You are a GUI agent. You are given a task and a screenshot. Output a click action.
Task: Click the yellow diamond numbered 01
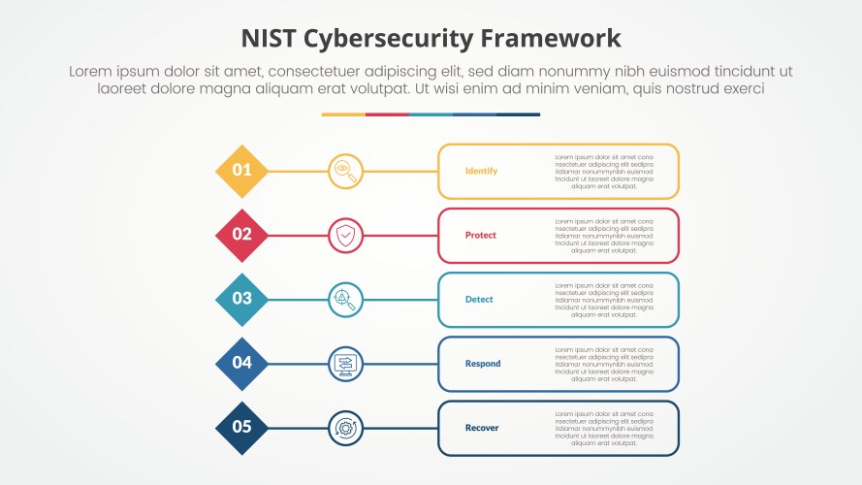[241, 171]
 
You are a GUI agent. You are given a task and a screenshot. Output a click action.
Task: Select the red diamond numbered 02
[241, 235]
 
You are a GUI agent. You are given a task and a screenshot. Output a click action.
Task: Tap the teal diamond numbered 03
[241, 299]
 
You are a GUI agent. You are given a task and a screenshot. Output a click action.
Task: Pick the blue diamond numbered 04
[241, 363]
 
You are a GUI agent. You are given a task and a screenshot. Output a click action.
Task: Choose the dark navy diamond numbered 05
[241, 427]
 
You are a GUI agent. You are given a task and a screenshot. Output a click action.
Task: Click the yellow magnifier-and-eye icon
[345, 171]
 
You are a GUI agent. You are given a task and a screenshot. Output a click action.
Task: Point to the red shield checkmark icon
[345, 235]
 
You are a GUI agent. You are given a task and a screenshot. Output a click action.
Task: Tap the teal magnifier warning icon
[345, 299]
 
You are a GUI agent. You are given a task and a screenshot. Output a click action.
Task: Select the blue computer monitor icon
[345, 363]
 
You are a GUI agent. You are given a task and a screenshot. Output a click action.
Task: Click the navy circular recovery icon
[345, 427]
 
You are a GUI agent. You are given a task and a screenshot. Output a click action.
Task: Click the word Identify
[481, 171]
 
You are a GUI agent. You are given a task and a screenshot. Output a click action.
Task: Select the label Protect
[481, 235]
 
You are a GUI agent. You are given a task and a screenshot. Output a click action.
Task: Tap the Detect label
[479, 299]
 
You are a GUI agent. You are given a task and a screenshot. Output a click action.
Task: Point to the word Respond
[483, 364]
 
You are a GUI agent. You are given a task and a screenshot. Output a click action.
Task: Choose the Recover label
[482, 428]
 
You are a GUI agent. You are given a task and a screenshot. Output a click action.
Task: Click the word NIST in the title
[269, 39]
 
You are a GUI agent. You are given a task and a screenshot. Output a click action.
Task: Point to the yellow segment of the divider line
[343, 114]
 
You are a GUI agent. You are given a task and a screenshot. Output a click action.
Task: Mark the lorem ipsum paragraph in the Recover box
[604, 428]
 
